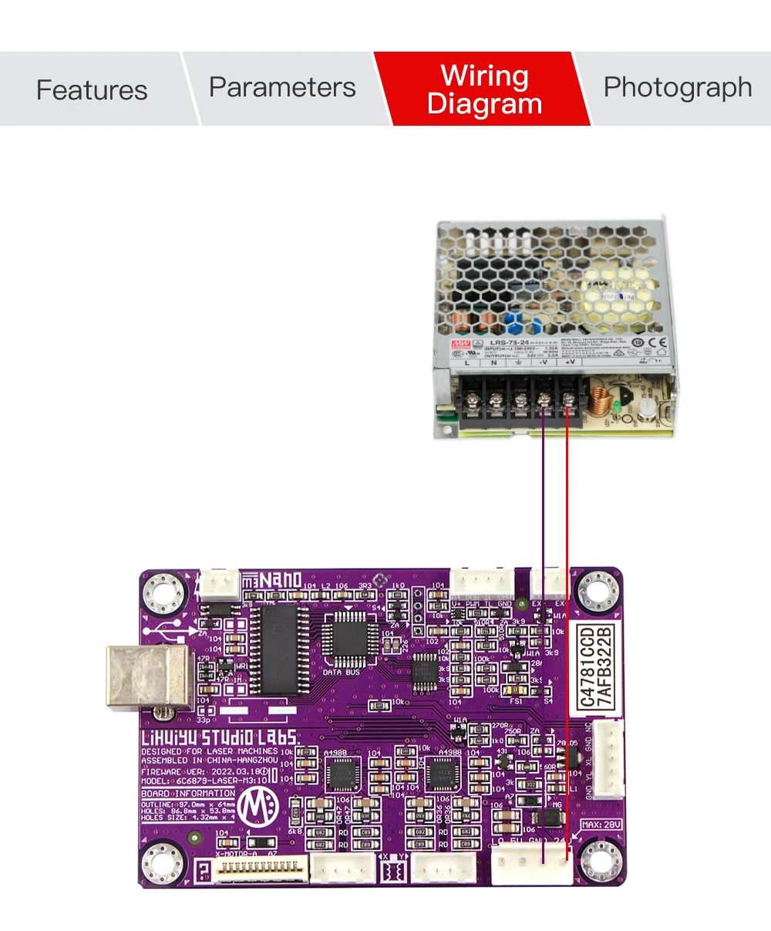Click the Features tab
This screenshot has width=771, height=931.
click(92, 89)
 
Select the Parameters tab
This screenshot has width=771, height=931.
click(282, 87)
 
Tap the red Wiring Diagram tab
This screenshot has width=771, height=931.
click(484, 89)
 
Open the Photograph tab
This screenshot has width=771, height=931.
click(677, 87)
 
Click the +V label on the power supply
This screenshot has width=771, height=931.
click(570, 362)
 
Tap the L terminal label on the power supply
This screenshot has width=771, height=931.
click(467, 363)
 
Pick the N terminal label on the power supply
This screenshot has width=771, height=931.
click(493, 363)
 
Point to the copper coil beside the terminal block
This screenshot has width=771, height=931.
click(598, 402)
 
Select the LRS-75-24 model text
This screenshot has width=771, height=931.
click(509, 342)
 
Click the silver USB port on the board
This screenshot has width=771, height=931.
click(146, 676)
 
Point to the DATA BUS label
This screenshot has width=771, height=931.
click(342, 672)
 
